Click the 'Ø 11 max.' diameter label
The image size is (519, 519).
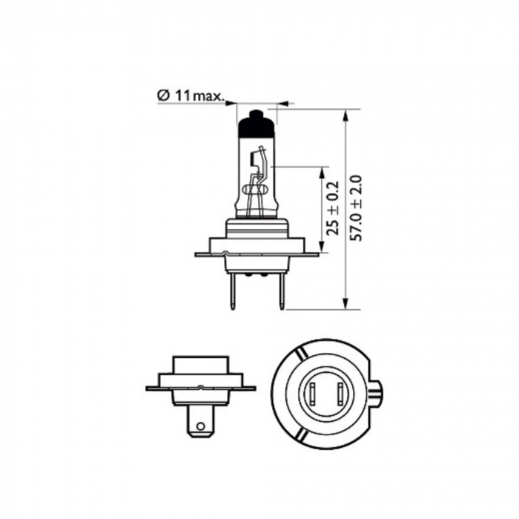[191, 95]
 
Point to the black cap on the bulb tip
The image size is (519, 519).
[255, 125]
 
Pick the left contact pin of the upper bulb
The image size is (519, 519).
[233, 290]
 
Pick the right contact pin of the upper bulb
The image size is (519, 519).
[281, 290]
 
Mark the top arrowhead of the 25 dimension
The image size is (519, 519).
[322, 172]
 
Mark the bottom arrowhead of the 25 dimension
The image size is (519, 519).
[322, 248]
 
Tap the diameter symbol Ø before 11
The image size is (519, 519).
[163, 95]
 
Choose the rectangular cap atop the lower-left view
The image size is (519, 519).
[200, 365]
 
